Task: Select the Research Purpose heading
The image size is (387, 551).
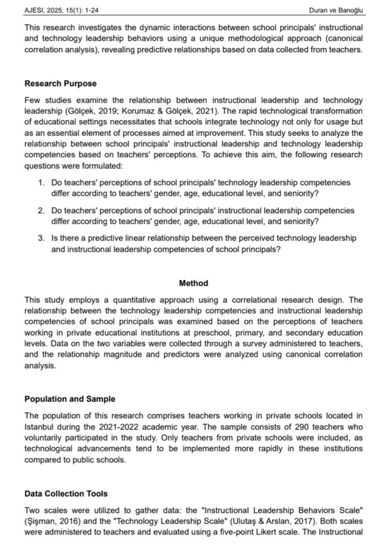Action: [x=61, y=84]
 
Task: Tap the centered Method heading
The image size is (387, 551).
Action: [x=193, y=283]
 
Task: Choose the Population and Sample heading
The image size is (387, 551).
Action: [x=70, y=399]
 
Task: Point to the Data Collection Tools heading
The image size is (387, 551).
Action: [x=66, y=494]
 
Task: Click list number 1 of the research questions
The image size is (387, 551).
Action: [x=41, y=183]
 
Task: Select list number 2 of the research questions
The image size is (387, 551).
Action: [x=41, y=211]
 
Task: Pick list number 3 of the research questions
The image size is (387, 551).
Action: [x=41, y=239]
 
